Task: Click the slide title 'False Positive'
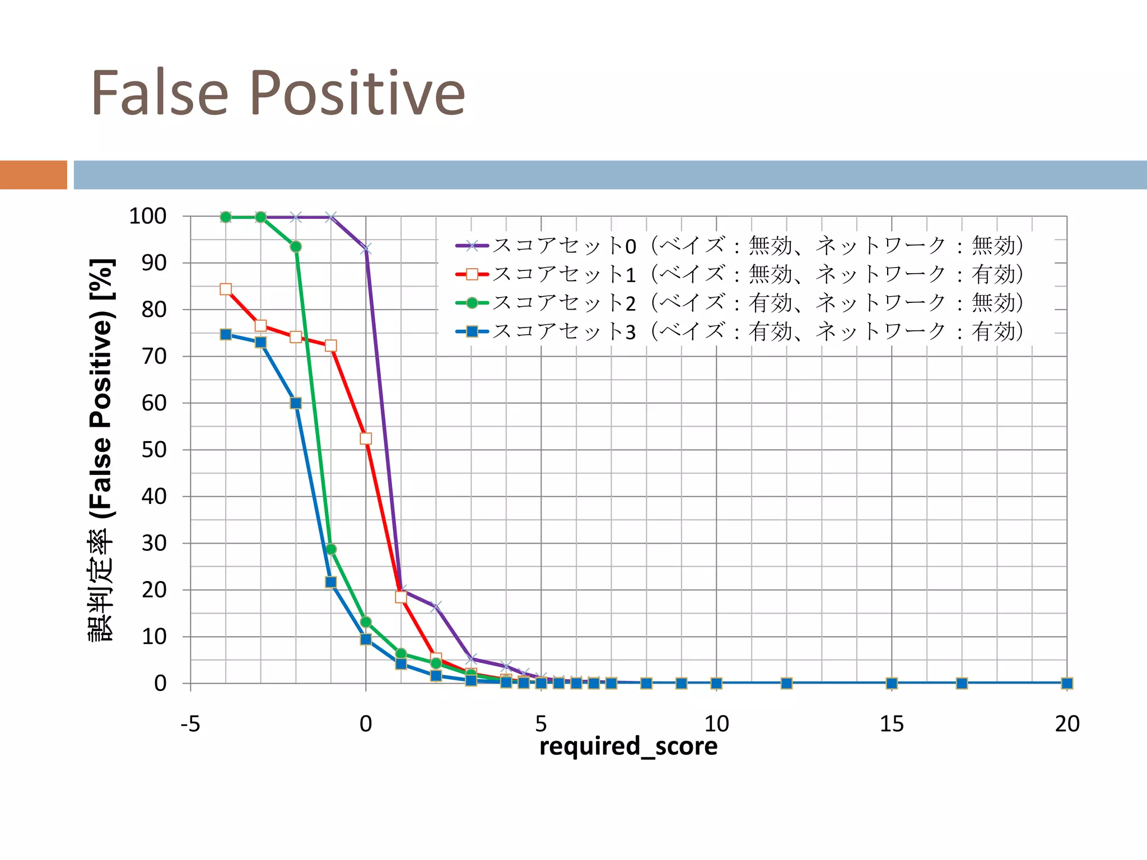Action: pos(278,93)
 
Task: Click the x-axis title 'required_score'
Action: pos(628,746)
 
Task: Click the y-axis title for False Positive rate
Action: pos(101,450)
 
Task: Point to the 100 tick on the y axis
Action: pos(148,216)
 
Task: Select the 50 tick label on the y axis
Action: pos(153,450)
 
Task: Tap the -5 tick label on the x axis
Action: pos(190,724)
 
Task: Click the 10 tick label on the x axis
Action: pos(716,724)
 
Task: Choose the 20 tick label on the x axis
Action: pos(1067,724)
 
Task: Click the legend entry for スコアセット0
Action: pos(739,246)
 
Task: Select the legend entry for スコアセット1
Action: pos(739,274)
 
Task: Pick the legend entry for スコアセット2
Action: pos(739,303)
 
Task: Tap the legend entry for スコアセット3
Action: pos(739,331)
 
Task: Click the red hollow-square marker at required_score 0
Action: pos(366,438)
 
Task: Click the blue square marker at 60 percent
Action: pos(296,403)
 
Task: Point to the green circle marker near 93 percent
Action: pos(296,247)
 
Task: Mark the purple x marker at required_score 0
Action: pos(366,249)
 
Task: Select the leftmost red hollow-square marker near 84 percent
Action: pos(226,289)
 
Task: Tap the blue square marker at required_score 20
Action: pos(1067,683)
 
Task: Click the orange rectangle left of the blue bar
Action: pos(34,175)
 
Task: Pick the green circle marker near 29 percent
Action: pos(331,549)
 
